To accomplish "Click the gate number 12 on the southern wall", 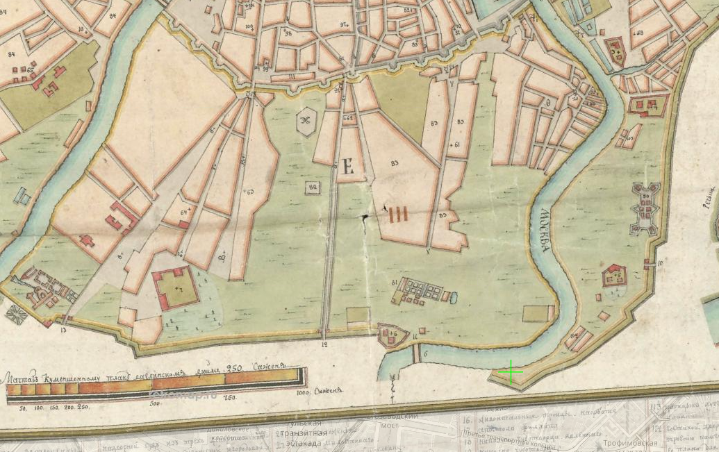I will (324, 344).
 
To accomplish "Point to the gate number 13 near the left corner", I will (63, 330).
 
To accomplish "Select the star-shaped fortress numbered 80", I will (645, 206).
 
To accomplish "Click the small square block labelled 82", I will (313, 187).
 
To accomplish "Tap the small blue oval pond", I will (454, 297).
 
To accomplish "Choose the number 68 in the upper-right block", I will (638, 33).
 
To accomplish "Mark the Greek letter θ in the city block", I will (548, 102).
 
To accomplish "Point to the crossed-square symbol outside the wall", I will (17, 315).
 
